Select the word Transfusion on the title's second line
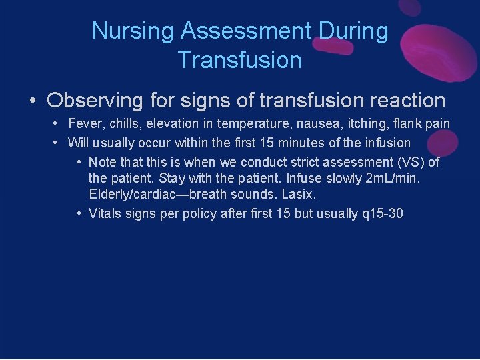pos(239,60)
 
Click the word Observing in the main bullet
pos(95,101)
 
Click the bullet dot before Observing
pos(32,101)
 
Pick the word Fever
pos(83,124)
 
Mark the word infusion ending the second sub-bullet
pos(387,143)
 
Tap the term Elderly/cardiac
pos(133,194)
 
